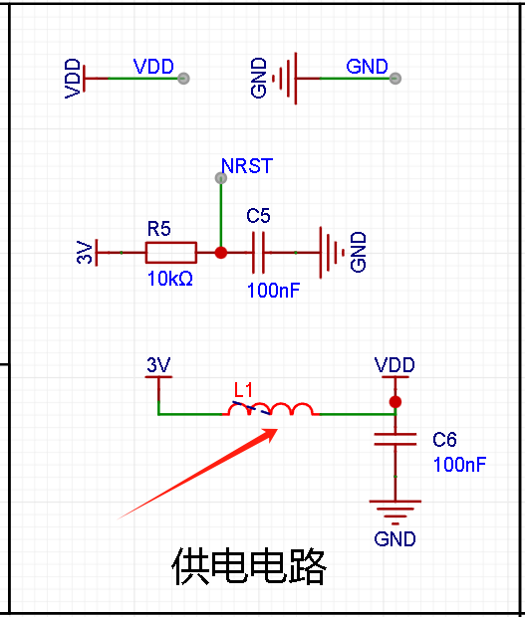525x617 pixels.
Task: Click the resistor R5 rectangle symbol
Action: [x=171, y=252]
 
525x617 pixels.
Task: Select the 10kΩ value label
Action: [x=170, y=279]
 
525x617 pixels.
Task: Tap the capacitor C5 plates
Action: [x=258, y=252]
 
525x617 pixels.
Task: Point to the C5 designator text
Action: [x=258, y=216]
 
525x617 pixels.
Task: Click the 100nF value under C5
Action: [x=273, y=291]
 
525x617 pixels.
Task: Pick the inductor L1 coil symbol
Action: [x=271, y=409]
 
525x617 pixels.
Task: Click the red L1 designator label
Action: [x=243, y=390]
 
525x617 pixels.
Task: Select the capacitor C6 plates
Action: [x=395, y=439]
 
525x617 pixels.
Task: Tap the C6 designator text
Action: [x=444, y=439]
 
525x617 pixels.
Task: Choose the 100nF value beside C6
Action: [x=459, y=465]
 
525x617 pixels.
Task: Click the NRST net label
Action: [x=247, y=166]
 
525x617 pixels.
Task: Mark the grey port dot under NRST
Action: [x=221, y=178]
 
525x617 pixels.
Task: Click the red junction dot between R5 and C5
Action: [x=221, y=253]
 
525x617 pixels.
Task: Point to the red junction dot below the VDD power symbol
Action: [x=395, y=402]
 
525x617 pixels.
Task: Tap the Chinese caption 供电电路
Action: [x=249, y=566]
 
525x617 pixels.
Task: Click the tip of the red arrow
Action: [x=278, y=429]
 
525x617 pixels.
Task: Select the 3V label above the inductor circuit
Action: [x=158, y=365]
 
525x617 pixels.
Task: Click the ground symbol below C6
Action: [x=395, y=513]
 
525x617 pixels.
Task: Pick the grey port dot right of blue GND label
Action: [x=395, y=79]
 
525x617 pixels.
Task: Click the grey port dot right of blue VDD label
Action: [x=183, y=79]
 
